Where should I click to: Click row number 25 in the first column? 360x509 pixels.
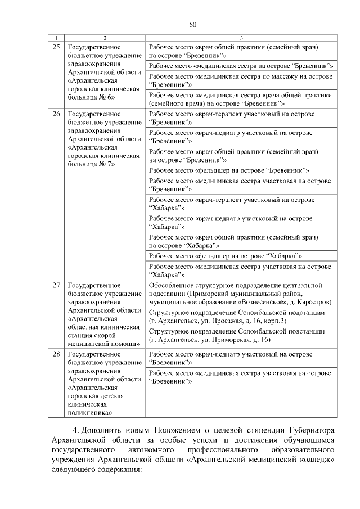(56, 47)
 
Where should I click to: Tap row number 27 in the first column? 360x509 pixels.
(56, 285)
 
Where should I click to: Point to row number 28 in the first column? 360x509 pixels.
(56, 354)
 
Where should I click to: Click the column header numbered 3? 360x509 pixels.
(241, 38)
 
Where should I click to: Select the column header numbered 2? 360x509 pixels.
(104, 38)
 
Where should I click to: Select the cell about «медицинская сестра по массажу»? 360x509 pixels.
(241, 79)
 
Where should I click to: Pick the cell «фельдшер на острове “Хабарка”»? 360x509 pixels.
(225, 255)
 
